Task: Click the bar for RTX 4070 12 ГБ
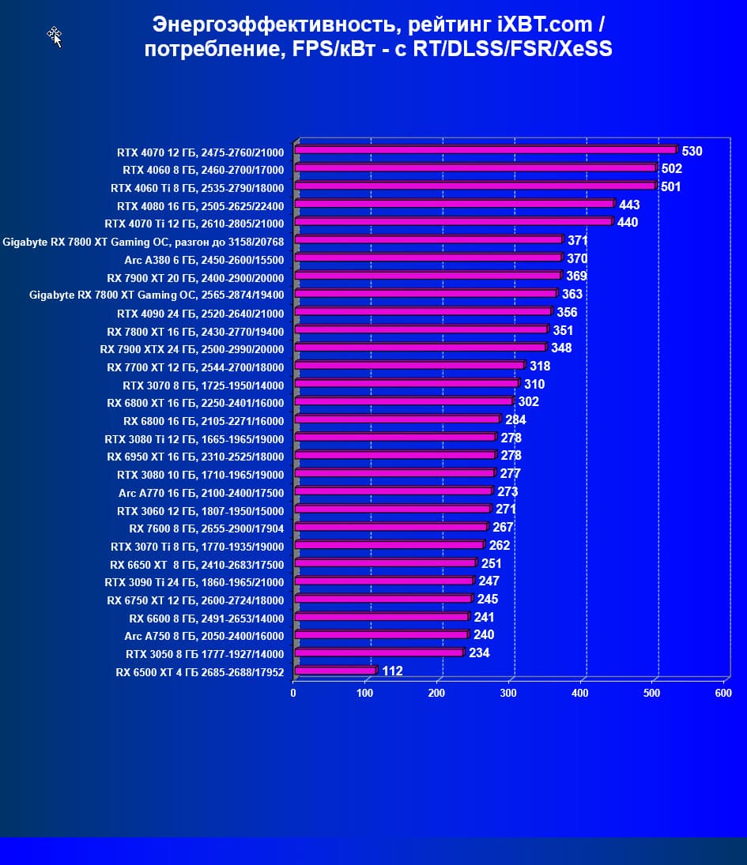(485, 149)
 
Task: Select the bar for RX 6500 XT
(335, 671)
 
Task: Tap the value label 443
(629, 205)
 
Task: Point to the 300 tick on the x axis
(508, 693)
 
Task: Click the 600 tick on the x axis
(722, 693)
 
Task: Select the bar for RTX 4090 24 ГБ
(422, 312)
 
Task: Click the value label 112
(392, 671)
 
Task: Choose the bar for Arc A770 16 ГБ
(393, 491)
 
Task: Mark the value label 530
(692, 151)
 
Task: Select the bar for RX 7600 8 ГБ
(390, 527)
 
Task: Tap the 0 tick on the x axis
(293, 693)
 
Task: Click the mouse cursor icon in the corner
(55, 36)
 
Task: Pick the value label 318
(540, 366)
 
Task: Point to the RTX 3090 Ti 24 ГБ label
(199, 581)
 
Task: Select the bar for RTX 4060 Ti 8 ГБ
(475, 186)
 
